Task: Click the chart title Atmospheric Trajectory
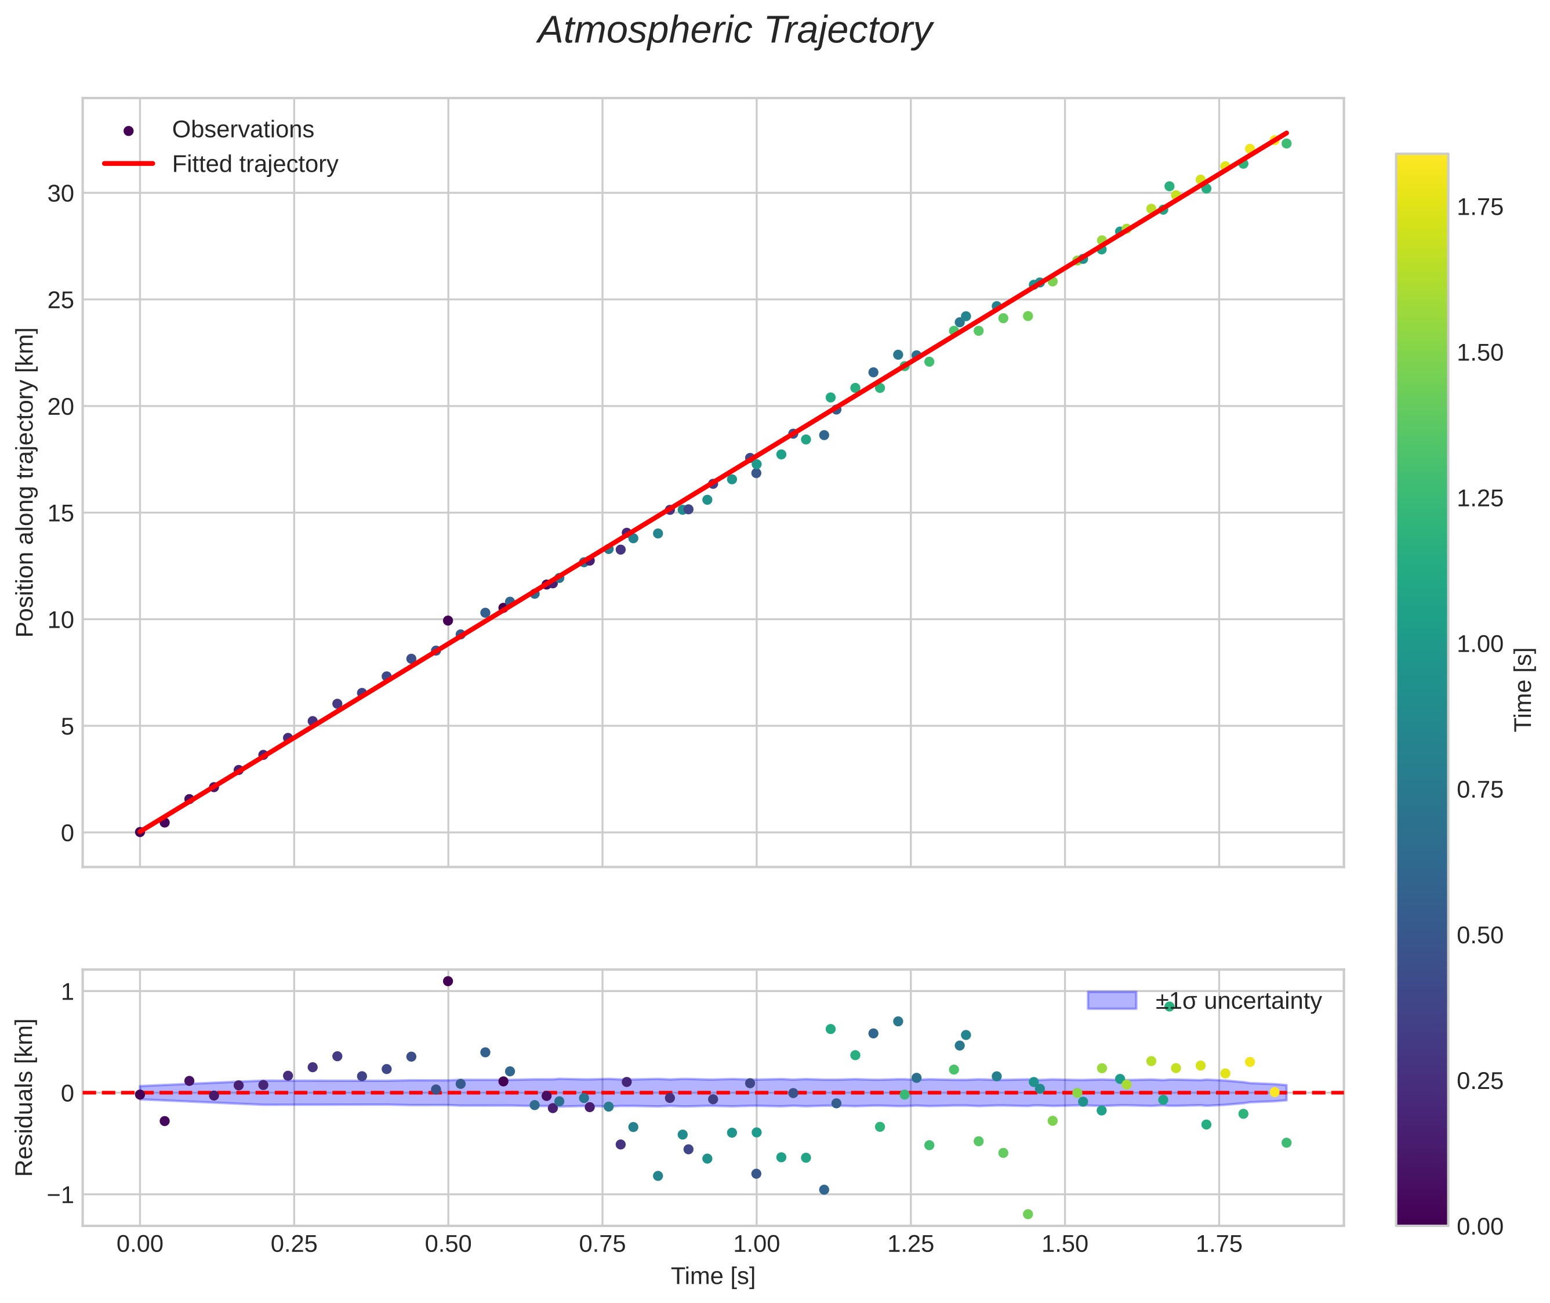[x=735, y=31]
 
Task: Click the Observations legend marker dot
[x=129, y=131]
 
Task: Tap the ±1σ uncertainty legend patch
[x=1112, y=1000]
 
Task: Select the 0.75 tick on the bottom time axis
[x=602, y=1244]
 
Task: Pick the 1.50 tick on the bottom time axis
[x=1064, y=1244]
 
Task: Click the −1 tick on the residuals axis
[x=56, y=1195]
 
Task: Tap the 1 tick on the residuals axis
[x=68, y=991]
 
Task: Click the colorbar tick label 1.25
[x=1479, y=498]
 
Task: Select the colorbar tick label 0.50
[x=1479, y=935]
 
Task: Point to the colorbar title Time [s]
[x=1523, y=689]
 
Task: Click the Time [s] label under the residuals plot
[x=713, y=1276]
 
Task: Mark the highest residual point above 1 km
[x=448, y=981]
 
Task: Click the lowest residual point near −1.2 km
[x=1027, y=1214]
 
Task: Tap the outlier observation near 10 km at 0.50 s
[x=448, y=621]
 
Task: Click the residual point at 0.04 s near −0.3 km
[x=165, y=1121]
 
